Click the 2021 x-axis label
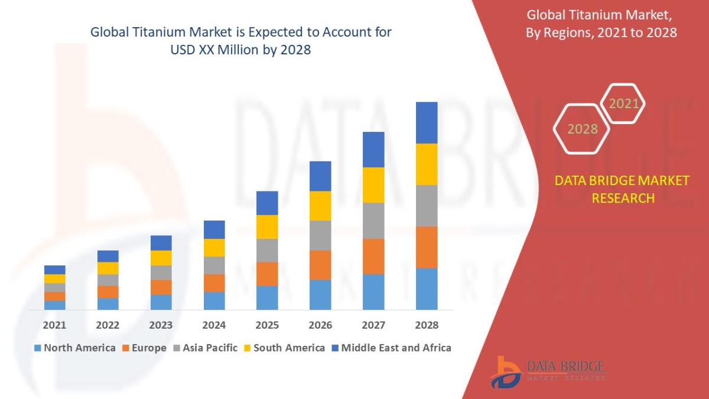point(54,325)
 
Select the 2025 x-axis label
point(267,325)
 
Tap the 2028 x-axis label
point(427,325)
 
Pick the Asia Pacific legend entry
point(205,348)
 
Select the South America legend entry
point(284,348)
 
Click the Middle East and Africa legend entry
point(391,348)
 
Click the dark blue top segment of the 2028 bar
point(427,122)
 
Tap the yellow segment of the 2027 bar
point(373,185)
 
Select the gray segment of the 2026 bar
point(320,235)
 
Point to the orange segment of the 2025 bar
point(267,274)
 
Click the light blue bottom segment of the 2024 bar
point(214,300)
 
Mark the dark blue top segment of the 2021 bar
point(54,270)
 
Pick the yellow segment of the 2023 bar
point(161,258)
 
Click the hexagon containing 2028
point(582,129)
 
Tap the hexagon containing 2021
point(623,104)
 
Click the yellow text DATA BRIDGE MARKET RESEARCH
point(622,189)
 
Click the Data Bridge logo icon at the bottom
point(507,372)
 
